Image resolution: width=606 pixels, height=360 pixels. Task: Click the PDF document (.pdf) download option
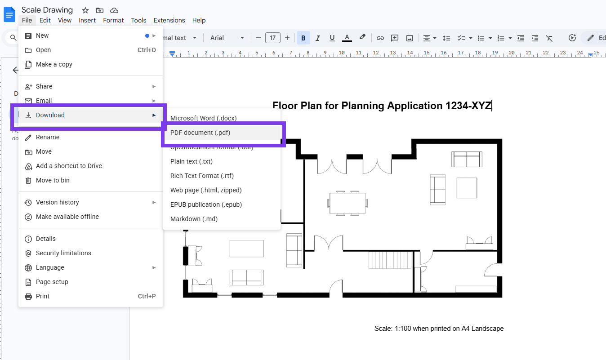coord(200,133)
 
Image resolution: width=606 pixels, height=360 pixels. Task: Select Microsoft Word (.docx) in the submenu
coord(203,118)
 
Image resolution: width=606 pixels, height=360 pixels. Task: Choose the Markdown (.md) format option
coord(194,219)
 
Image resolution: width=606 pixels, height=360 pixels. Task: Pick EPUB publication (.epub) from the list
coord(206,204)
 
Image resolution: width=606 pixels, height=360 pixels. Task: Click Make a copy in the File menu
coord(54,64)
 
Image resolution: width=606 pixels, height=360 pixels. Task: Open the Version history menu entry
coord(57,202)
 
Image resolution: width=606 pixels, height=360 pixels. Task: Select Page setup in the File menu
coord(52,282)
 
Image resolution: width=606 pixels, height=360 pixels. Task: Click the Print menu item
coord(43,296)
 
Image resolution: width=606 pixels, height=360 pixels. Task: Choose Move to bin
coord(53,180)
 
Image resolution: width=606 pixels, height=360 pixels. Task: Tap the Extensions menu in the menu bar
coord(169,20)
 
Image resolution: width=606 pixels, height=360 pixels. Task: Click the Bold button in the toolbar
coord(303,38)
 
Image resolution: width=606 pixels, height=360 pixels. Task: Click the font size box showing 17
coord(273,38)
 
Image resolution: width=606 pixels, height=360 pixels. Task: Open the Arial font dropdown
coord(227,38)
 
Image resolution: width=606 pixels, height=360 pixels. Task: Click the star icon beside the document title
coord(85,10)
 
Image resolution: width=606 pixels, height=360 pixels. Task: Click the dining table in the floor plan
coord(348,203)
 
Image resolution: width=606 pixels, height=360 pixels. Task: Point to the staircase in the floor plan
coord(390,260)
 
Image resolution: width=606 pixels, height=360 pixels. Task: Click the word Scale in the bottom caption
coord(383,329)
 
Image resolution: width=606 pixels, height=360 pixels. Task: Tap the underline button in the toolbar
coord(332,38)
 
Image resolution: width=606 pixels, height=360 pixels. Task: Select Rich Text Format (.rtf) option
coord(202,176)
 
